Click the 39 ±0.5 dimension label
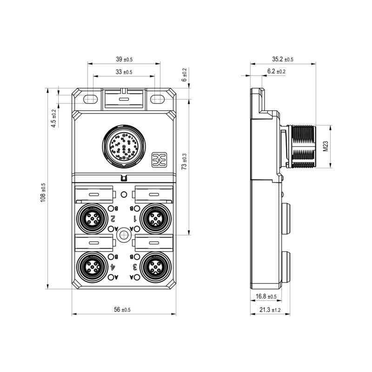pos(124,59)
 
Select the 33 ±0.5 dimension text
pos(124,72)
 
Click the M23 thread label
pos(326,146)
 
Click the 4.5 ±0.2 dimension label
pos(54,118)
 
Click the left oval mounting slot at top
pos(91,99)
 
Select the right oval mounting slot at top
pos(157,99)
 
